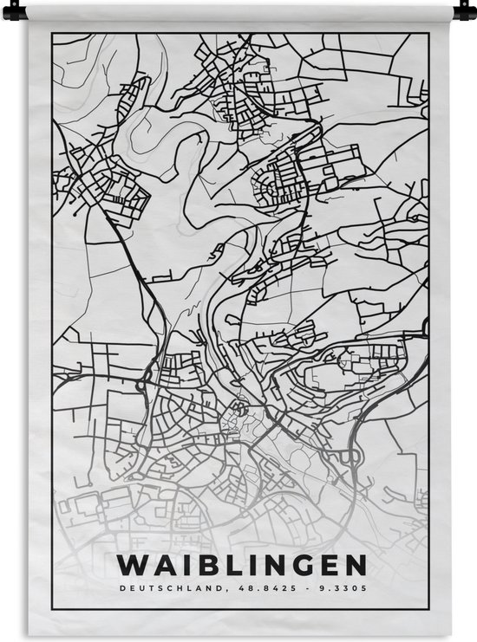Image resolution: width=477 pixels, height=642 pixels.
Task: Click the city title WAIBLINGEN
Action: coord(240,566)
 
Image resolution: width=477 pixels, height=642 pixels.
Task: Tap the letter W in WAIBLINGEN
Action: coord(129,566)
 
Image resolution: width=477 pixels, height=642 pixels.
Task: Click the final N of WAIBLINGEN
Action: coord(355,566)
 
